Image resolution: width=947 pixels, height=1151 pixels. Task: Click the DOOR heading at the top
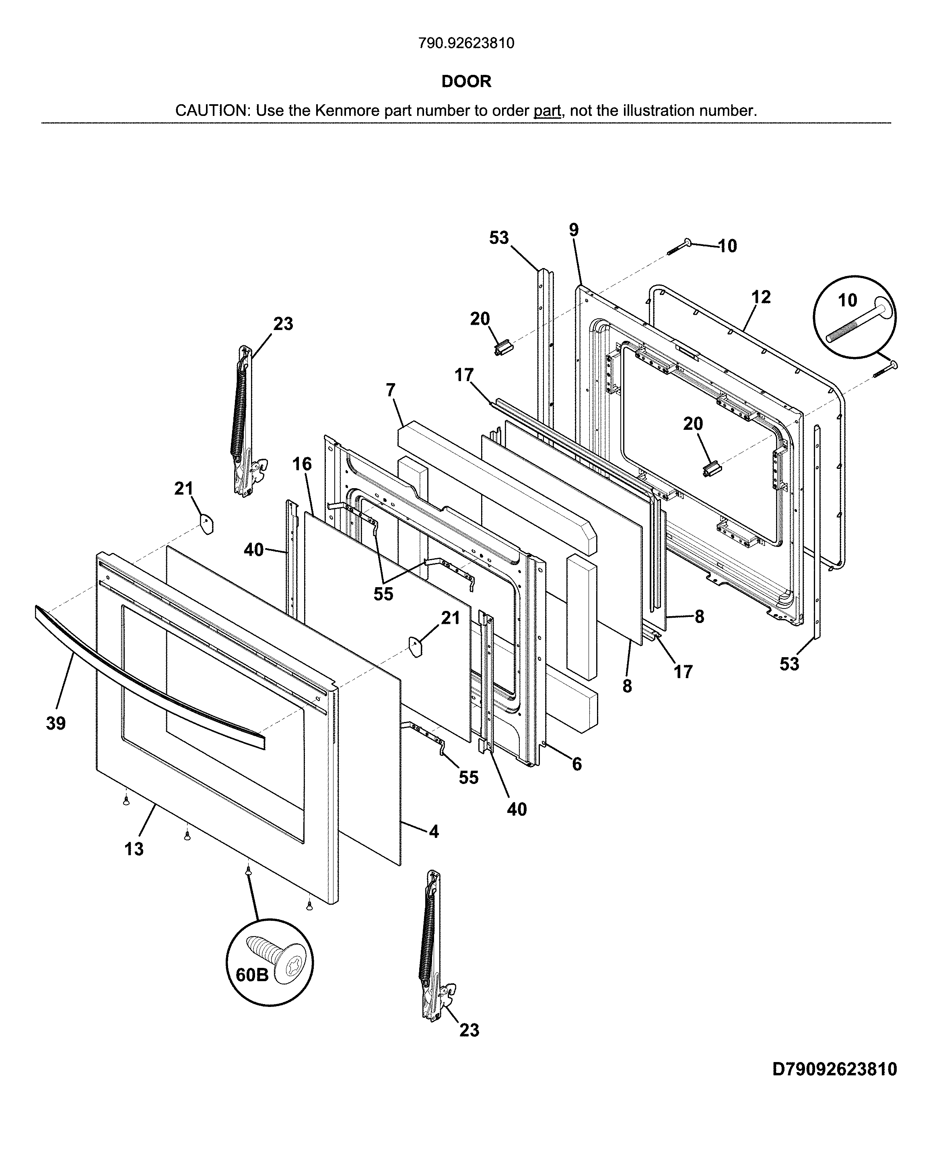466,81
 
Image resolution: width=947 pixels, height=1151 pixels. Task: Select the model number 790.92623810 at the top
466,43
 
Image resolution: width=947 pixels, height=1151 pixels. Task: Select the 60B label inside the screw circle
252,975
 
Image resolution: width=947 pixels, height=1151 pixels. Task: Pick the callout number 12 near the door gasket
761,297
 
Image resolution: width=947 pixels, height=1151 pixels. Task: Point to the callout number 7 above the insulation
390,390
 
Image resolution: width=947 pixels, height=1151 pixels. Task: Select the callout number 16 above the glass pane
302,464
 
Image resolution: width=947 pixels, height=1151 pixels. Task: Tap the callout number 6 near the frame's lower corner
576,765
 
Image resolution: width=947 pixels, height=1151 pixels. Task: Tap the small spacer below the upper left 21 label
206,524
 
